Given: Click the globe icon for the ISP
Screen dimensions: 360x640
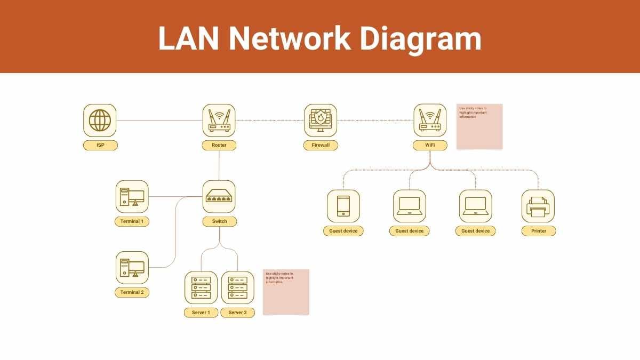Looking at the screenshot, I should (100, 120).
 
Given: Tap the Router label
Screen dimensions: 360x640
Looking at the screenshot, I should (219, 145).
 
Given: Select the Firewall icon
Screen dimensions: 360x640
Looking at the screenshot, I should (321, 120).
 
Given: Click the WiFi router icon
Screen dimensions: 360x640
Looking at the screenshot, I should (430, 120).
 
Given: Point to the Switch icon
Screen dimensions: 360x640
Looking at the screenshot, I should (219, 197).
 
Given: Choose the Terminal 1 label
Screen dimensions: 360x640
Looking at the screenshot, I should (132, 221).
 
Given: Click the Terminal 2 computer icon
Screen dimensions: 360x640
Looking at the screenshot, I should (132, 267).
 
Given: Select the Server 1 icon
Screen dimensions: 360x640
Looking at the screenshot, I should (201, 288).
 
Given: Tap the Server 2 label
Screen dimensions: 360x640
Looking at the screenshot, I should (238, 313).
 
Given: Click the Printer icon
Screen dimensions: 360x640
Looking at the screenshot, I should (538, 206).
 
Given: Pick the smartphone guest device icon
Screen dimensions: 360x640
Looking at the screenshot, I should (343, 206).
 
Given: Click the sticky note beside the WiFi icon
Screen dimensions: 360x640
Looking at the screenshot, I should (479, 127).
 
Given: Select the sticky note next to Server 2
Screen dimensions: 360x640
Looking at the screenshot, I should (286, 292).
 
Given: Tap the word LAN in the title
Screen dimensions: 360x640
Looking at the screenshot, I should (187, 39).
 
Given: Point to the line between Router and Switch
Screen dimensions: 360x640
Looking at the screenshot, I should (219, 165).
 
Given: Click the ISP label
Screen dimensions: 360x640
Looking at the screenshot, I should (100, 145).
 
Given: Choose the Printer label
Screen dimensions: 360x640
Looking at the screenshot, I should (539, 231).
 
